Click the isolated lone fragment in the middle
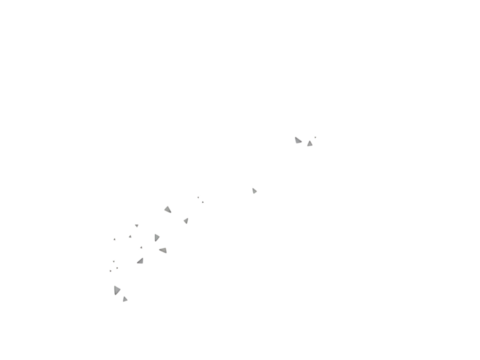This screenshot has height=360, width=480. coord(254,190)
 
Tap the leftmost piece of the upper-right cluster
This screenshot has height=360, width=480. coord(297,140)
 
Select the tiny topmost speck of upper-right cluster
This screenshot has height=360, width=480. coord(316,137)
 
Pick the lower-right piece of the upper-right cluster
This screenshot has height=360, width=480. coord(310,144)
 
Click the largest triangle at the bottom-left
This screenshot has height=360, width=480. coord(116,290)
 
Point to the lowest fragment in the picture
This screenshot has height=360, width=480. coord(125,299)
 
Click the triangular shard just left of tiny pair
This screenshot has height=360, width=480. coord(168,210)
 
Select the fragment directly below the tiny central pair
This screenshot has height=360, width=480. coord(186,221)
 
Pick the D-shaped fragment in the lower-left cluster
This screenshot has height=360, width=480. coord(156,238)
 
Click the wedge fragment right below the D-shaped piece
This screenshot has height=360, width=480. coord(163,250)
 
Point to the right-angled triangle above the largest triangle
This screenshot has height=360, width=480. coord(141,261)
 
